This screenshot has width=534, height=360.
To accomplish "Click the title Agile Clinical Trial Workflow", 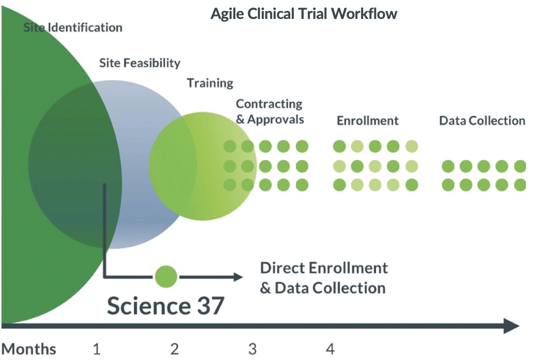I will point(303,13).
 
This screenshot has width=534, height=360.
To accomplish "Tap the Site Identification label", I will point(73,27).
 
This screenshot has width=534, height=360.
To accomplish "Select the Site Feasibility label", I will point(140,63).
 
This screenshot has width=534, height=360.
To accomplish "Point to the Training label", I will point(210,83).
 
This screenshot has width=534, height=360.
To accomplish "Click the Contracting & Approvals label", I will point(269,111).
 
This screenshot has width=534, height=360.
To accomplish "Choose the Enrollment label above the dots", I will point(367,121).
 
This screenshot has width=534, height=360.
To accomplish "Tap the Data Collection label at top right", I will point(482,121).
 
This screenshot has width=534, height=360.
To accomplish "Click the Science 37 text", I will point(165,306).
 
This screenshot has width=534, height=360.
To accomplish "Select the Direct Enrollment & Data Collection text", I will point(324,278).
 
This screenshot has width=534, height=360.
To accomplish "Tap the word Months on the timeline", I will point(29,350).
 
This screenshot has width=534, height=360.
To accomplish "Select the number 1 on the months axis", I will point(97,350).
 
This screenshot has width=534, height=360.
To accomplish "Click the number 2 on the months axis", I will point(174,350).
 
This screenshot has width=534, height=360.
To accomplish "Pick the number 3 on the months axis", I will point(252,350).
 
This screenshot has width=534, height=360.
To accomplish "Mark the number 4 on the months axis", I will point(330,350).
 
